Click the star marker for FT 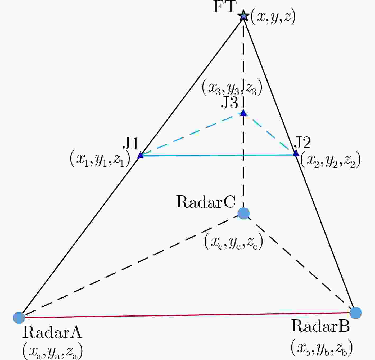243,16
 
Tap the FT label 225,7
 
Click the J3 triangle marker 244,113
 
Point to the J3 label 229,103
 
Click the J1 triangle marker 141,155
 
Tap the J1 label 131,144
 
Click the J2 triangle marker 296,153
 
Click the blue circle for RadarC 243,213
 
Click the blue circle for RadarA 19,318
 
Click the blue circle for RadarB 355,313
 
